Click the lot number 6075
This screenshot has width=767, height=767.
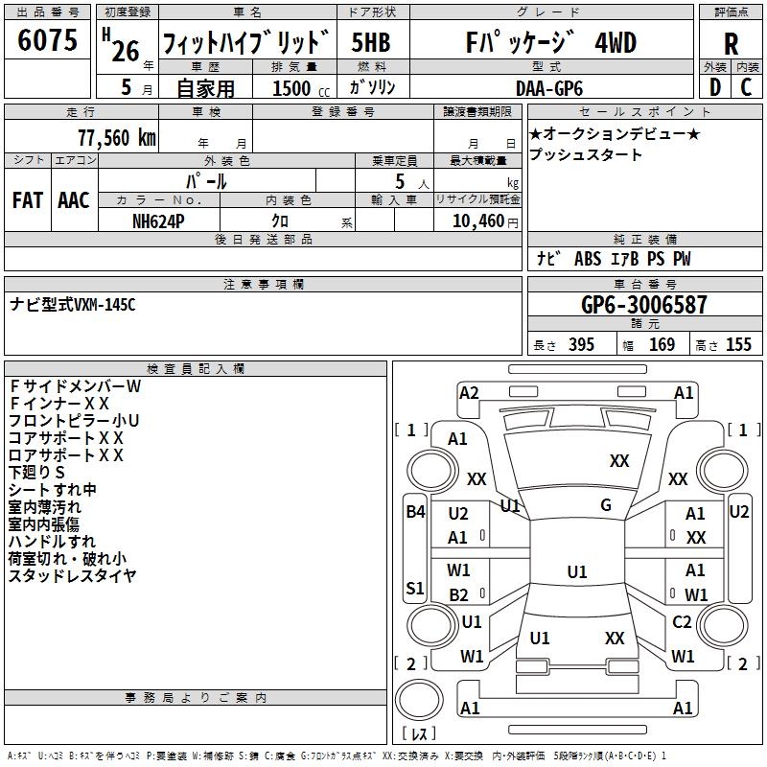(x=48, y=41)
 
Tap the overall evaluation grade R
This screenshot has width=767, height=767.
(x=731, y=43)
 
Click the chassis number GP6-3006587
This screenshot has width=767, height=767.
(x=644, y=305)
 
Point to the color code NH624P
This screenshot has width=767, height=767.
(x=159, y=221)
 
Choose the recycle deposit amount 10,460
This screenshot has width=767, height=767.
(x=474, y=221)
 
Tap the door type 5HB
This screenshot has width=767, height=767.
(x=371, y=43)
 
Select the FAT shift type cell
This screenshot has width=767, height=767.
(x=27, y=200)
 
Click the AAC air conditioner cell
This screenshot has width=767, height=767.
(x=74, y=200)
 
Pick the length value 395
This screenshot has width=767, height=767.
(x=581, y=344)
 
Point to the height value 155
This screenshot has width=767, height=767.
(x=737, y=344)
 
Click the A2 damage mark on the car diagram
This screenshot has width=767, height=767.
(x=469, y=392)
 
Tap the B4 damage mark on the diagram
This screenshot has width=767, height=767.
(x=414, y=512)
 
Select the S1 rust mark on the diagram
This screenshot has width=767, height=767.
(x=414, y=588)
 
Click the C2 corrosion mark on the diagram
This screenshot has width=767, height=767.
(x=682, y=622)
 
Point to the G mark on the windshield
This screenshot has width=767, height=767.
(x=606, y=505)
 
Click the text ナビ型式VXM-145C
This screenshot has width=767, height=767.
(x=73, y=305)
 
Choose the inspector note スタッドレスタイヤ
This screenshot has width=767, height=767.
(x=73, y=575)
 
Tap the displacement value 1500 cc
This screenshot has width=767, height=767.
(x=299, y=88)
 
